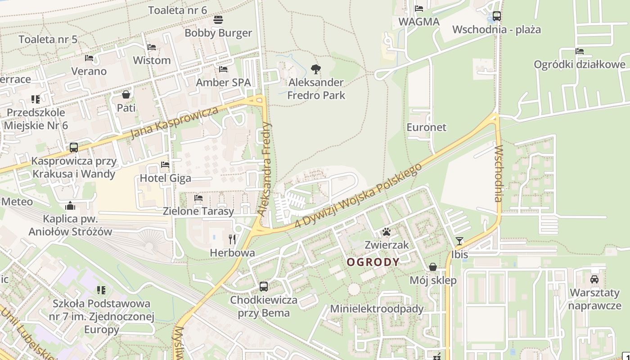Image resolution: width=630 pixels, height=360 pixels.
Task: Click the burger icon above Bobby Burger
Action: click(218, 20)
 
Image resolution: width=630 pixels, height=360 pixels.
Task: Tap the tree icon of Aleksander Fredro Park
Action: click(316, 69)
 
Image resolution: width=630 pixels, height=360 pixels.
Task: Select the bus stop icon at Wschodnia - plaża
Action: click(496, 16)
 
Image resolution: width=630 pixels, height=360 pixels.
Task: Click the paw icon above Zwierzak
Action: click(387, 232)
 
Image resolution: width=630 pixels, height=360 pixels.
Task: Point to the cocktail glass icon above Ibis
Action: click(459, 241)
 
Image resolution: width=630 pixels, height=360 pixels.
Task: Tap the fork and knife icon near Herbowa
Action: click(232, 239)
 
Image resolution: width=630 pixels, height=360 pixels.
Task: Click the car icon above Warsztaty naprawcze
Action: click(594, 279)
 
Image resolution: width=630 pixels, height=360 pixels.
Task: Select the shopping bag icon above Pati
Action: click(126, 94)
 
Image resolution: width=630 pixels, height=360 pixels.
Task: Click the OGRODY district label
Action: click(373, 262)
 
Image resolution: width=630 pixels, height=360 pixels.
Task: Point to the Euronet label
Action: click(426, 127)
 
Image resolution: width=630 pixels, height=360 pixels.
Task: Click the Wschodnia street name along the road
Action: click(498, 173)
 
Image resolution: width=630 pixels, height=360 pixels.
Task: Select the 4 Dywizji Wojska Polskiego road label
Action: click(358, 196)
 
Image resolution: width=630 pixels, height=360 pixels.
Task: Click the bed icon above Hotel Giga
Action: click(165, 165)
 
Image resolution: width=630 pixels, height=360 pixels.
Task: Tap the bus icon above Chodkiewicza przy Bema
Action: click(264, 286)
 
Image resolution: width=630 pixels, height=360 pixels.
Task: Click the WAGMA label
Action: click(418, 22)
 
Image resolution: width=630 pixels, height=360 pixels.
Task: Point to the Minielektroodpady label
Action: click(377, 309)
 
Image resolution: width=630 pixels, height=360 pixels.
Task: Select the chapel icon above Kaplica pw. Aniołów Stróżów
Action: click(70, 206)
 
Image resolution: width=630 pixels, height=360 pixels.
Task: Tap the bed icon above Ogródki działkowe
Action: click(580, 51)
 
